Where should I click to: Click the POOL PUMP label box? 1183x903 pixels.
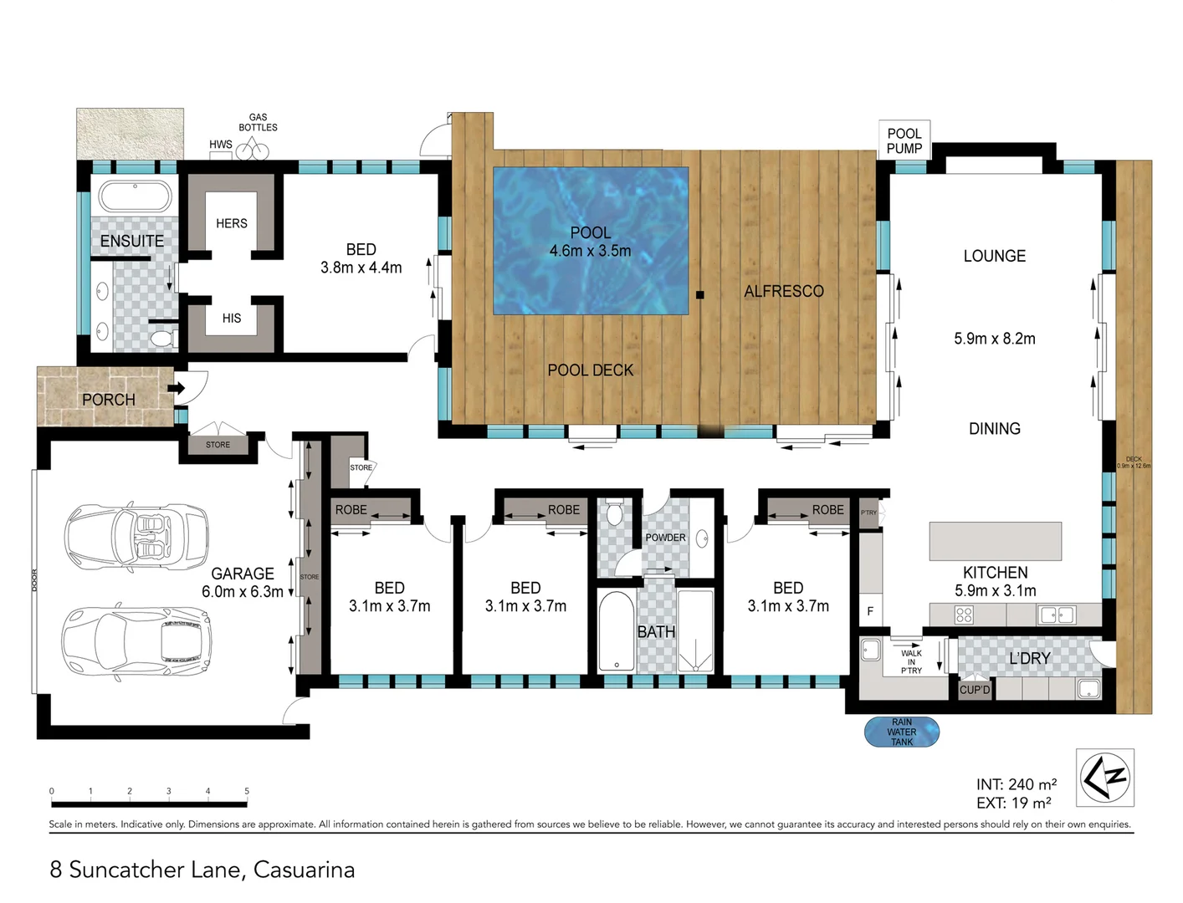[x=904, y=140]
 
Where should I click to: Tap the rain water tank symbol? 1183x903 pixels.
[x=901, y=732]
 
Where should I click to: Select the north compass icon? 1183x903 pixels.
[x=1104, y=777]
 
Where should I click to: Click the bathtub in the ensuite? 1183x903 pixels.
[x=135, y=196]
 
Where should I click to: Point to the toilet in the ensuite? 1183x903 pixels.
[x=162, y=339]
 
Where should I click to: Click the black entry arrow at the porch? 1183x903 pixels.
[x=176, y=388]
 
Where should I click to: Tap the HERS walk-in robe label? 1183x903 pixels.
[x=231, y=223]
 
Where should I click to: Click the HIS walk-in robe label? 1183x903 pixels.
[x=231, y=319]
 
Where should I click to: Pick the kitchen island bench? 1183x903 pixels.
[x=995, y=541]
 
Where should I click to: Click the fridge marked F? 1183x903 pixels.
[x=870, y=611]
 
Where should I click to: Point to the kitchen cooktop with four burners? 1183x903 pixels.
[x=964, y=615]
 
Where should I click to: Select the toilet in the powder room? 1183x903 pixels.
[x=615, y=513]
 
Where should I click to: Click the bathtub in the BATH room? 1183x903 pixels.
[x=617, y=632]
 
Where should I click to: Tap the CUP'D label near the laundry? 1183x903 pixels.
[x=974, y=690]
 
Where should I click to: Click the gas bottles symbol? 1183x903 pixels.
[x=252, y=150]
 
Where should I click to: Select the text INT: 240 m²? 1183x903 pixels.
[x=1016, y=784]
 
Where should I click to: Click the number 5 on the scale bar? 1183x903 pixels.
[x=247, y=791]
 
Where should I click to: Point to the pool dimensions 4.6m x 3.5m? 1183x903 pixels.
[x=590, y=251]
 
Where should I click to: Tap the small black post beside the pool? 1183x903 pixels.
[x=700, y=294]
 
